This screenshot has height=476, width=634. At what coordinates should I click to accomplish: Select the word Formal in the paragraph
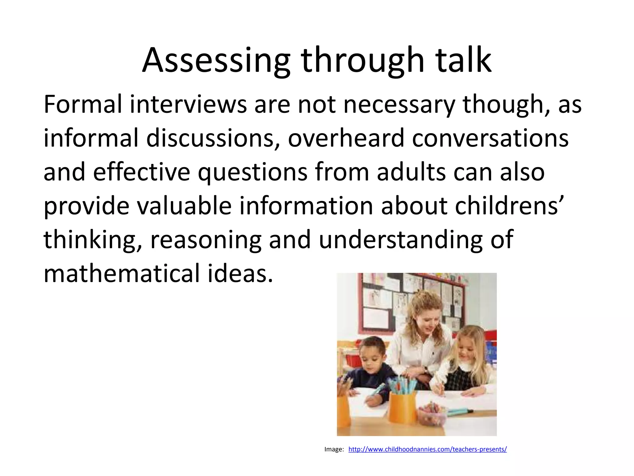[83, 104]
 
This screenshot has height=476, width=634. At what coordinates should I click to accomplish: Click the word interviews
[188, 104]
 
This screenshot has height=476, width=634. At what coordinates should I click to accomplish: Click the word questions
[252, 173]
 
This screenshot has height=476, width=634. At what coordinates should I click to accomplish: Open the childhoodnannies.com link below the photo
[428, 449]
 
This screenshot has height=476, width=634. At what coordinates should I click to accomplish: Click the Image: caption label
[334, 449]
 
